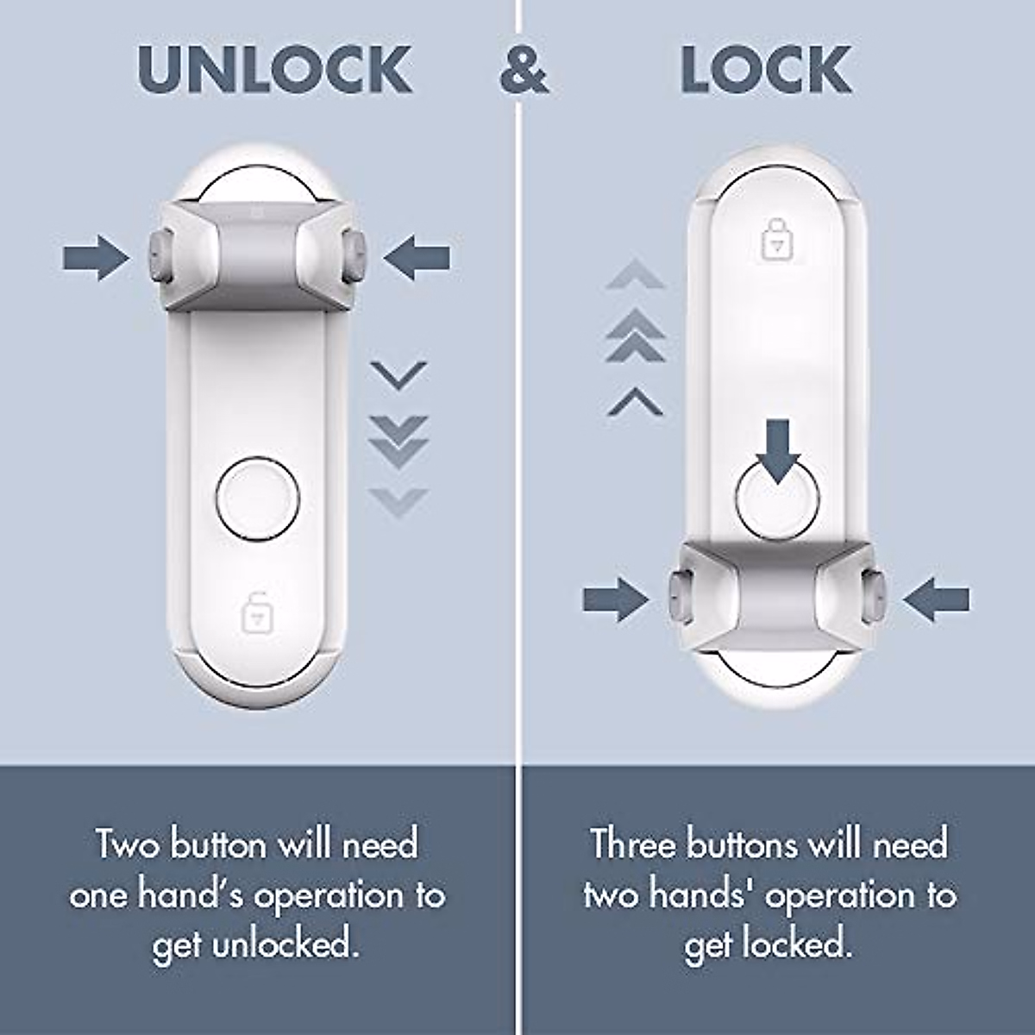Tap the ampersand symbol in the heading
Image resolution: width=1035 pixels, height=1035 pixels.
click(x=524, y=71)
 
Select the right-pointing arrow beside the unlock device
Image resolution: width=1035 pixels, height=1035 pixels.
click(x=95, y=257)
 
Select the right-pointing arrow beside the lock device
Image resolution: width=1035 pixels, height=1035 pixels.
click(x=615, y=599)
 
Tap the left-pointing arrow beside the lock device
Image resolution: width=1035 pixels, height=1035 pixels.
click(x=937, y=599)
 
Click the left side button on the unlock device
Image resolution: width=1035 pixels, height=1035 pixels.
click(x=158, y=256)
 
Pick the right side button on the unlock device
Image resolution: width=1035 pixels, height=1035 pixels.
click(x=354, y=256)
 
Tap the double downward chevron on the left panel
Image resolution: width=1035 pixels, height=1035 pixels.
click(x=398, y=440)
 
